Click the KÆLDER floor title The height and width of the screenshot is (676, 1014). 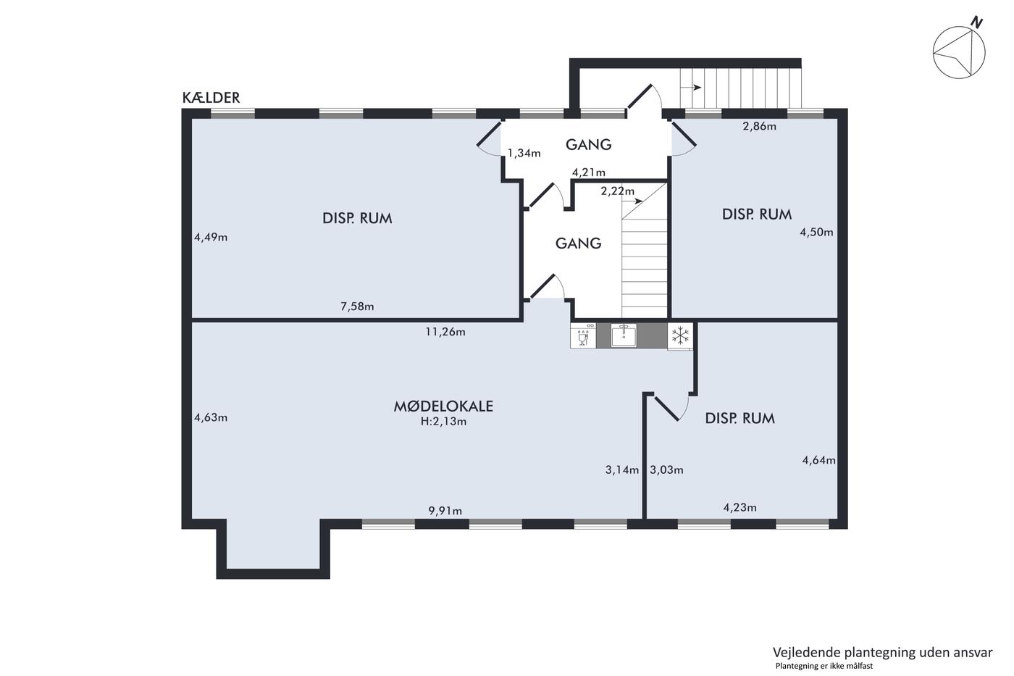(x=211, y=98)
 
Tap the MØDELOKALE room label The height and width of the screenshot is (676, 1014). (x=443, y=406)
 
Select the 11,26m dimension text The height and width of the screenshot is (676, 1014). (x=445, y=332)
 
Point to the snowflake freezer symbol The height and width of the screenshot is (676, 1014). (x=680, y=335)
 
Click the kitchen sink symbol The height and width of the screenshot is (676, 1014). (x=624, y=335)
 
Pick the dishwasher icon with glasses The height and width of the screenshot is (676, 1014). (x=583, y=335)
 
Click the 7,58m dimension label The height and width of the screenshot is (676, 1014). (x=357, y=306)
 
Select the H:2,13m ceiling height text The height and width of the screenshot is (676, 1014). (x=443, y=422)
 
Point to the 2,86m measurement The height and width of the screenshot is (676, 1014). (x=759, y=126)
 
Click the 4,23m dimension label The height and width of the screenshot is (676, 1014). (x=739, y=508)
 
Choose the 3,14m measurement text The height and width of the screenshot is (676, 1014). (x=622, y=470)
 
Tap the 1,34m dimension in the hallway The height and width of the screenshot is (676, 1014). (x=524, y=153)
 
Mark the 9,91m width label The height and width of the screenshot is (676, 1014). (x=445, y=512)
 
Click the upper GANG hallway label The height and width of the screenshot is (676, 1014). (x=588, y=144)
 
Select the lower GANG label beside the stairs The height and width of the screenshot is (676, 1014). (x=578, y=243)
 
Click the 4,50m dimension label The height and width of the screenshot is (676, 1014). (x=816, y=233)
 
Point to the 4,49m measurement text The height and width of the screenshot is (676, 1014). (x=211, y=237)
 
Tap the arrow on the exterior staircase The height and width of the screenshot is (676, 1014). (x=691, y=88)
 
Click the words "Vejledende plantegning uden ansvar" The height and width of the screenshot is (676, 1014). (x=882, y=653)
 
